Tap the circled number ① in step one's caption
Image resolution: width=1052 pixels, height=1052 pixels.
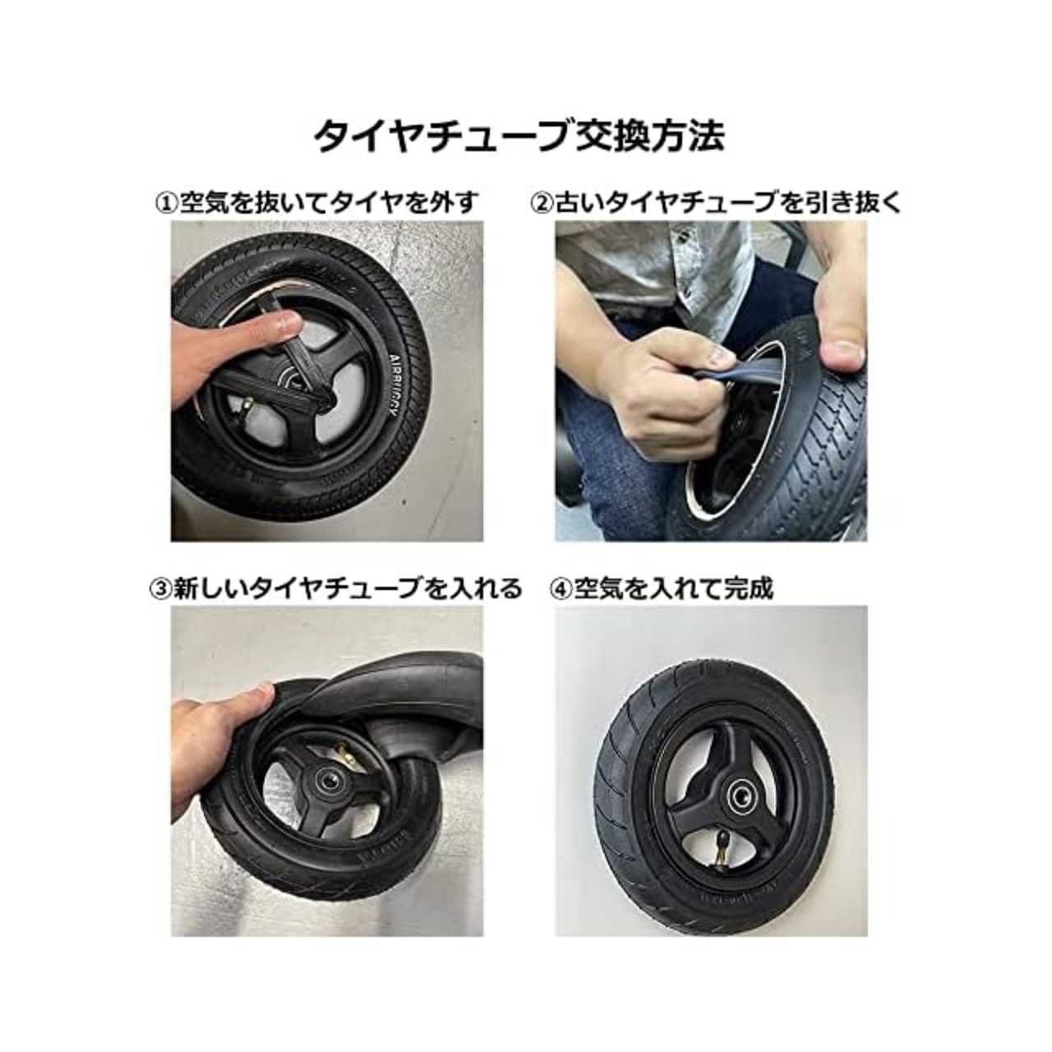tap(167, 203)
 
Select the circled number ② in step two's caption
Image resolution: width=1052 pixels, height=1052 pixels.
tap(542, 203)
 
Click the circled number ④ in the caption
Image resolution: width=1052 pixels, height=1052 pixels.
tap(561, 588)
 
